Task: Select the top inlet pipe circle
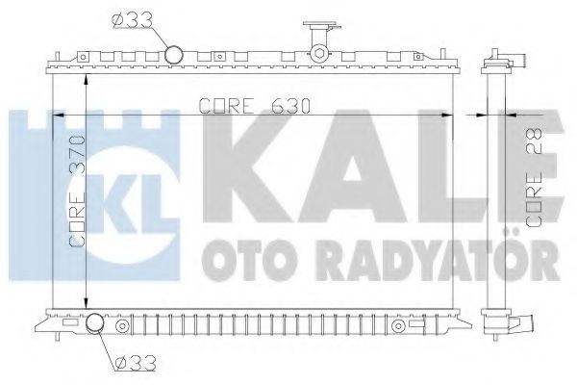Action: pos(174,56)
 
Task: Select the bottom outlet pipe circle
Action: pos(97,325)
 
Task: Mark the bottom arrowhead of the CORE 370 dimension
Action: pos(88,300)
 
